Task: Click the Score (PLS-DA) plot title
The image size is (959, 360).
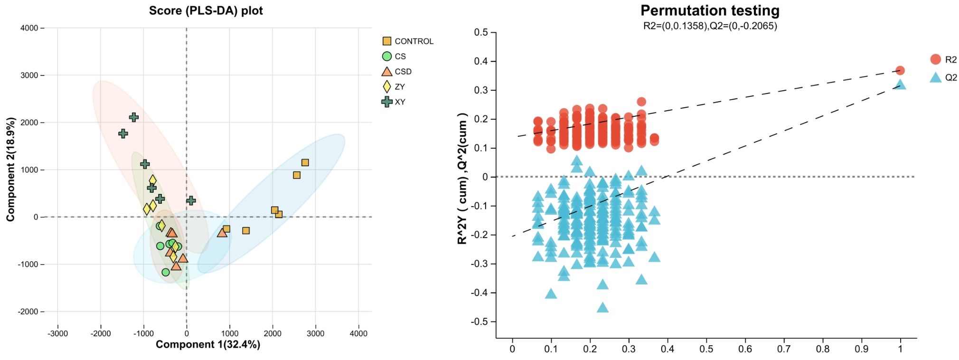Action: pyautogui.click(x=206, y=10)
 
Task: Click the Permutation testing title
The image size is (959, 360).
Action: pyautogui.click(x=710, y=10)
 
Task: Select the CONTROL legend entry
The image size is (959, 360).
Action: pyautogui.click(x=408, y=41)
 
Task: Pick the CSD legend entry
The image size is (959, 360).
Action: pyautogui.click(x=397, y=72)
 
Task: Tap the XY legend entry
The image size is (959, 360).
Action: pyautogui.click(x=394, y=102)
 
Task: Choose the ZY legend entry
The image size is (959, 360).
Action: pyautogui.click(x=394, y=87)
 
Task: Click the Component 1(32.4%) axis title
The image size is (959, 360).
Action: pyautogui.click(x=208, y=344)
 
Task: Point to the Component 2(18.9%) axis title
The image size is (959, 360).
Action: pyautogui.click(x=10, y=169)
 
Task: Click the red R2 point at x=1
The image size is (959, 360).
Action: pyautogui.click(x=900, y=70)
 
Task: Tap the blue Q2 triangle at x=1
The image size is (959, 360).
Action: pyautogui.click(x=900, y=85)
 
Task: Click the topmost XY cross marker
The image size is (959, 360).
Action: pyautogui.click(x=134, y=117)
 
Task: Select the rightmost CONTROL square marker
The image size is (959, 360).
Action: pyautogui.click(x=305, y=163)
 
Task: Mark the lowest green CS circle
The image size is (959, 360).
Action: pyautogui.click(x=166, y=272)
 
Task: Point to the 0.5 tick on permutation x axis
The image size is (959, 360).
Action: pyautogui.click(x=706, y=349)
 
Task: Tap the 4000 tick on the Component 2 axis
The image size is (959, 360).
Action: pyautogui.click(x=29, y=28)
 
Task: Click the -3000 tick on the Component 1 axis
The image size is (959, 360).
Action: pyautogui.click(x=57, y=333)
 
